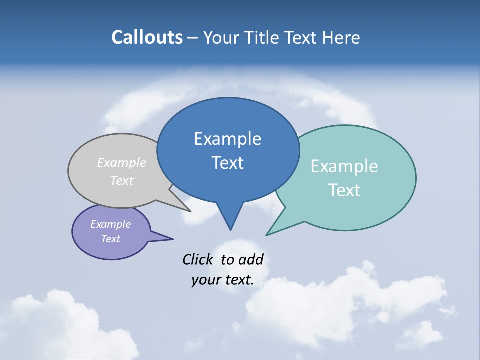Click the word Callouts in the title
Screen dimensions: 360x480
(x=147, y=37)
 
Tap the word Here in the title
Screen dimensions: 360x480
(x=341, y=37)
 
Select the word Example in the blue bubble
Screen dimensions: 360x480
(x=227, y=139)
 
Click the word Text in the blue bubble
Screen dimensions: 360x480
(x=227, y=163)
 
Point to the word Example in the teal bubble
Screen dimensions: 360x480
(x=344, y=166)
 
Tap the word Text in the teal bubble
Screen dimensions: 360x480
(x=344, y=190)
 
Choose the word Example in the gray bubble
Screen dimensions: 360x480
(x=122, y=163)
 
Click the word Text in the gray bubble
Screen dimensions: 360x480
(x=122, y=180)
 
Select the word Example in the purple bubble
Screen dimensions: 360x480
(x=110, y=224)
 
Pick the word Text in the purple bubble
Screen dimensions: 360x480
(x=110, y=239)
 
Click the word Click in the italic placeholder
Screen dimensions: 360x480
(x=198, y=259)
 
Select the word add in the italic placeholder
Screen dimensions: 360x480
(x=251, y=259)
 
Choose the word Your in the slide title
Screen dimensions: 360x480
(x=221, y=37)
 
